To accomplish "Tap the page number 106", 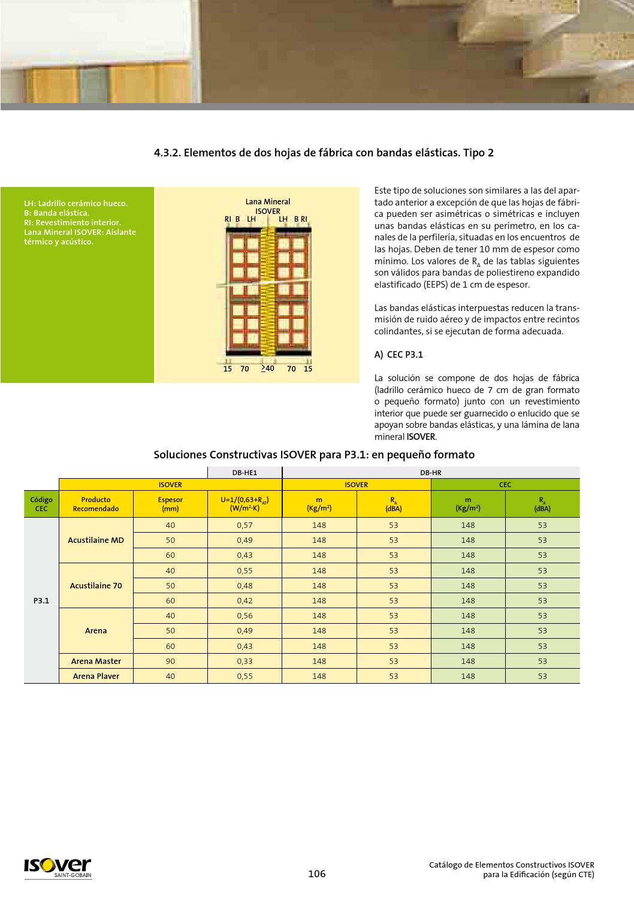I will tap(316, 874).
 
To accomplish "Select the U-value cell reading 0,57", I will tap(244, 525).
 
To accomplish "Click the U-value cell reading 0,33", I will tap(244, 661).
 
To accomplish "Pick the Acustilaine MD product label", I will tap(96, 540).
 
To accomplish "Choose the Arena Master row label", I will tap(96, 661).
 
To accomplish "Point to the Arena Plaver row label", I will tap(96, 676).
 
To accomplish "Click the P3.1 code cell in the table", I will tap(41, 600).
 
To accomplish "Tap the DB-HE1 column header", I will tap(244, 472).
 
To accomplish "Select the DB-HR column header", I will tap(431, 472).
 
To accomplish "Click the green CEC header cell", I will tap(505, 484).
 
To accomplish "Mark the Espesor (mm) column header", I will tap(170, 504).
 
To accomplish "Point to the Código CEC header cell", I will tap(41, 504).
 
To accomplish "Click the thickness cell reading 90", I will tap(170, 661).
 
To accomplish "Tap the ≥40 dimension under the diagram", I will tap(267, 369).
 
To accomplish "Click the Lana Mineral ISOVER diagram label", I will tap(268, 206).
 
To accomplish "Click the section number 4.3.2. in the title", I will tap(167, 153).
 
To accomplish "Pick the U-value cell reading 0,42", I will tap(244, 600).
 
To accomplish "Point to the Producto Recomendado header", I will tap(96, 504).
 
